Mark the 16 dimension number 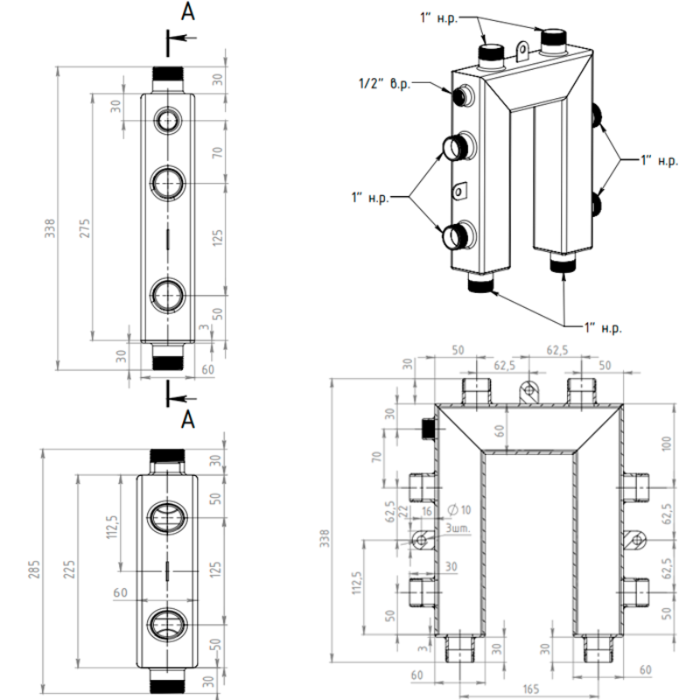point(427,510)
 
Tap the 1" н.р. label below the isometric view point(603,327)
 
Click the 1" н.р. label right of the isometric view point(659,161)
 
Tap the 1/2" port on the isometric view point(461,94)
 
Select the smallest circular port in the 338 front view point(166,120)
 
